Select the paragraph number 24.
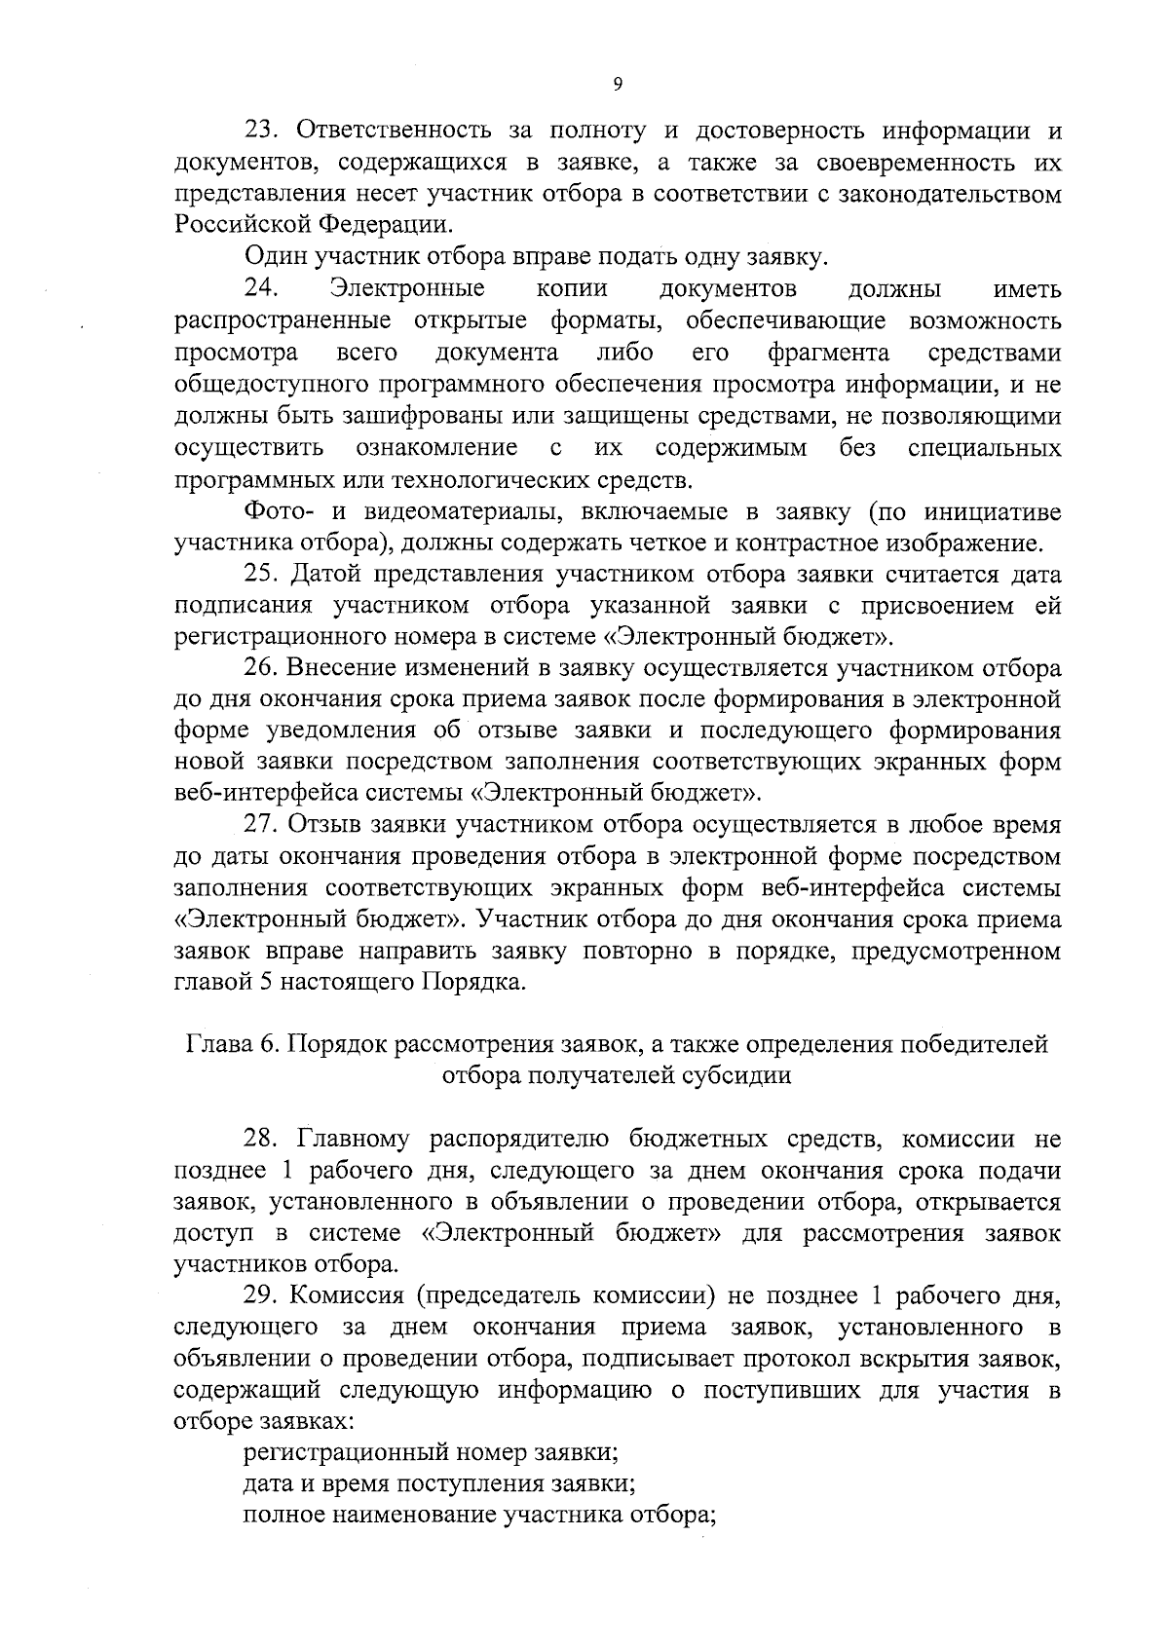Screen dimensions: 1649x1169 click(261, 288)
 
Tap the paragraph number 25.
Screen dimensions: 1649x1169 click(261, 574)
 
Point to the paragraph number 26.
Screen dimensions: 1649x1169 click(261, 668)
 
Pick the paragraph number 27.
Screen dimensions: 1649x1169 click(261, 825)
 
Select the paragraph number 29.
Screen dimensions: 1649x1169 click(261, 1295)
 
